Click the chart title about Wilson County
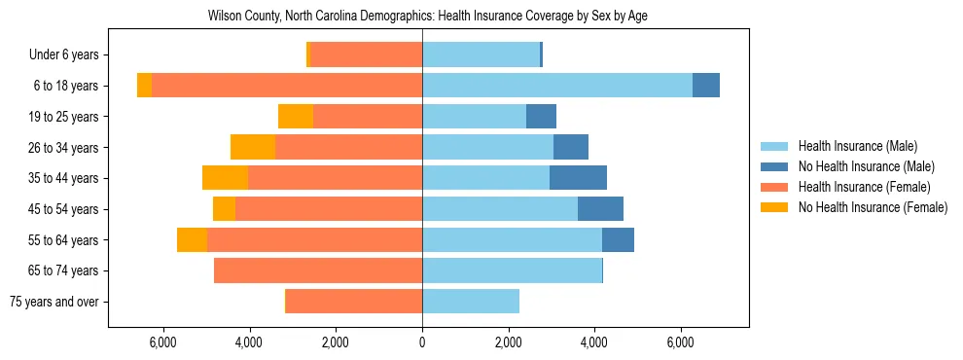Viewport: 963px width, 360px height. (x=428, y=17)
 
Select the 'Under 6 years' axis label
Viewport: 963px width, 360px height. (x=69, y=55)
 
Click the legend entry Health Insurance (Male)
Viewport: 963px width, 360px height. (x=857, y=146)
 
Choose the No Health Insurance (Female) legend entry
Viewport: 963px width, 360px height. (x=873, y=207)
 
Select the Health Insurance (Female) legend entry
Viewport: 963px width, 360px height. (x=864, y=187)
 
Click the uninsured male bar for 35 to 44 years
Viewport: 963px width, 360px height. (x=578, y=178)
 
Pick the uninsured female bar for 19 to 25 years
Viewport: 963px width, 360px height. (x=296, y=117)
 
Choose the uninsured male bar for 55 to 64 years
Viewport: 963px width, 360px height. (x=618, y=239)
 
